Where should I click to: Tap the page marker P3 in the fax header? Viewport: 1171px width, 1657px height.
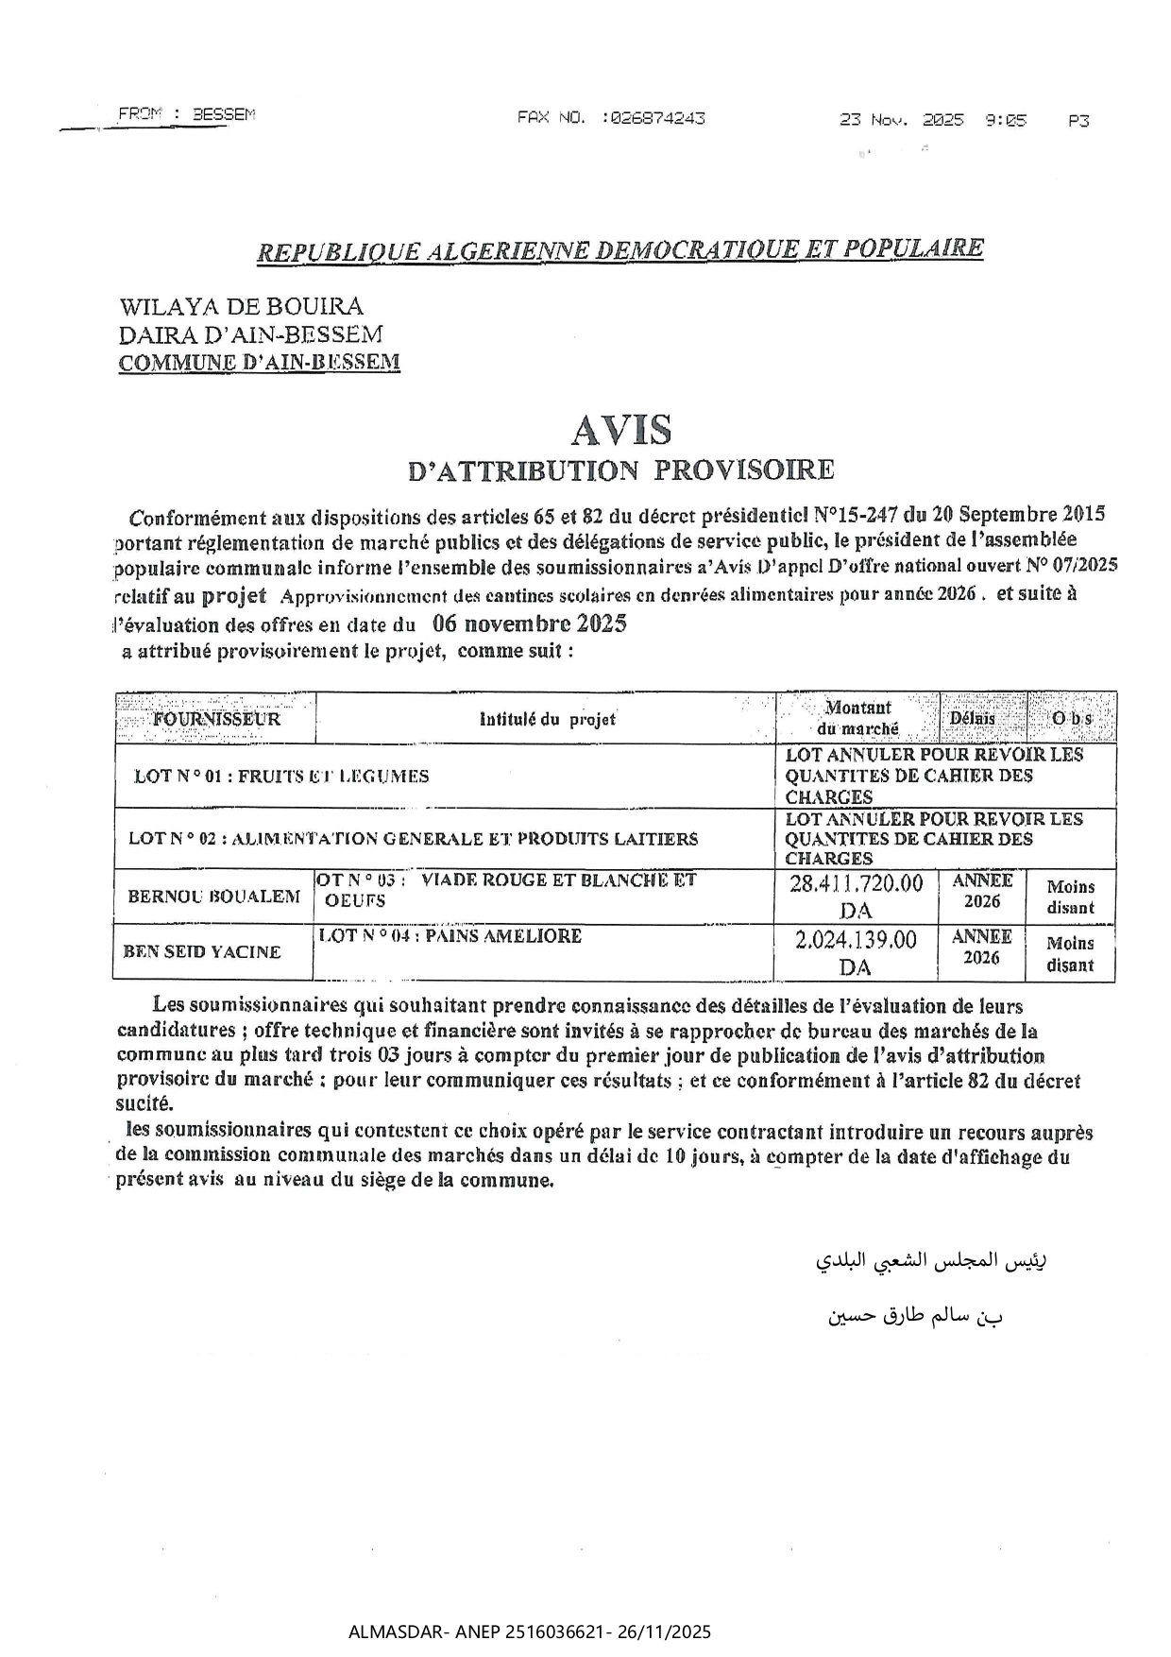click(x=1078, y=121)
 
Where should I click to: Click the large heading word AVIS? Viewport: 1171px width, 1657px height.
click(x=621, y=431)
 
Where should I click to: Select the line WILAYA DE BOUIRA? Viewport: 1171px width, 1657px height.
click(x=241, y=306)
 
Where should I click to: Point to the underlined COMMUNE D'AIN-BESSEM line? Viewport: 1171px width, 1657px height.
click(x=259, y=362)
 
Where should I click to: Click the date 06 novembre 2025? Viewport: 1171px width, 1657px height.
click(x=529, y=624)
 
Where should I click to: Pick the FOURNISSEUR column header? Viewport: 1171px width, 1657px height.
click(x=216, y=718)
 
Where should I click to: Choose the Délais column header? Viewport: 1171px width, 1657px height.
click(x=972, y=718)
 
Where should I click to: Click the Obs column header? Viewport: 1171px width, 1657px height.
click(x=1072, y=718)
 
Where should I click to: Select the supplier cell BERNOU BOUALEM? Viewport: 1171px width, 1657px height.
click(x=214, y=896)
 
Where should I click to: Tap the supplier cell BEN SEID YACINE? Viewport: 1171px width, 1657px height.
click(x=202, y=951)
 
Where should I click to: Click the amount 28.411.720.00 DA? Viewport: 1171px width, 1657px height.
click(x=856, y=896)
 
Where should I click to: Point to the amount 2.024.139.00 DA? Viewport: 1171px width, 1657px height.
click(x=856, y=952)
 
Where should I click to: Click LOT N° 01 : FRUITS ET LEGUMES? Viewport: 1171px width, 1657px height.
click(x=281, y=777)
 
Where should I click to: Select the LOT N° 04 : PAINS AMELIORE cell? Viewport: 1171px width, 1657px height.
click(x=450, y=936)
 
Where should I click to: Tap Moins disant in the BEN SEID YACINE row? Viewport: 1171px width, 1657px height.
click(x=1070, y=954)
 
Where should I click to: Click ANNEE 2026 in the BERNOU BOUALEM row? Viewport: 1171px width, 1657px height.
click(x=981, y=891)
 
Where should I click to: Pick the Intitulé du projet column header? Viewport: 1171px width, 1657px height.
click(x=548, y=719)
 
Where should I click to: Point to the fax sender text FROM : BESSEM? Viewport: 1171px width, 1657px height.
click(x=187, y=114)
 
